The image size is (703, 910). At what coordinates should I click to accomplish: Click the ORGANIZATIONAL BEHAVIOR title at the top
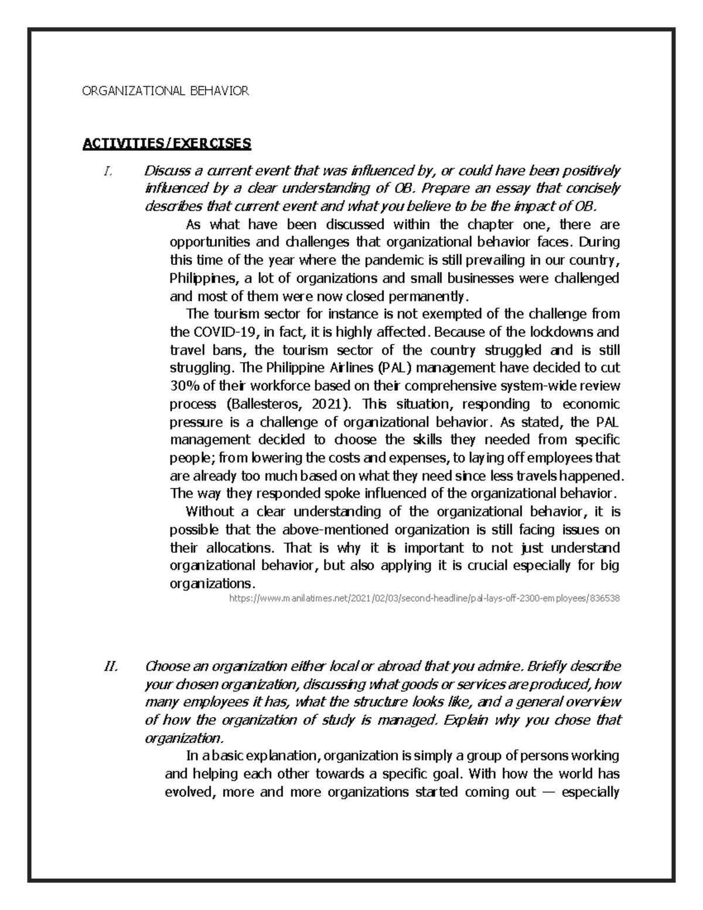(x=165, y=91)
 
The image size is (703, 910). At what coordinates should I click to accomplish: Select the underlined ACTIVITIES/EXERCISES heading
(x=166, y=144)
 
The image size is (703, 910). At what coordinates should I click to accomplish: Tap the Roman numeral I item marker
(x=107, y=171)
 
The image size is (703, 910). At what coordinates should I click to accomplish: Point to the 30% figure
(x=183, y=386)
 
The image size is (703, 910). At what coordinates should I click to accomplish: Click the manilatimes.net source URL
(x=424, y=599)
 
